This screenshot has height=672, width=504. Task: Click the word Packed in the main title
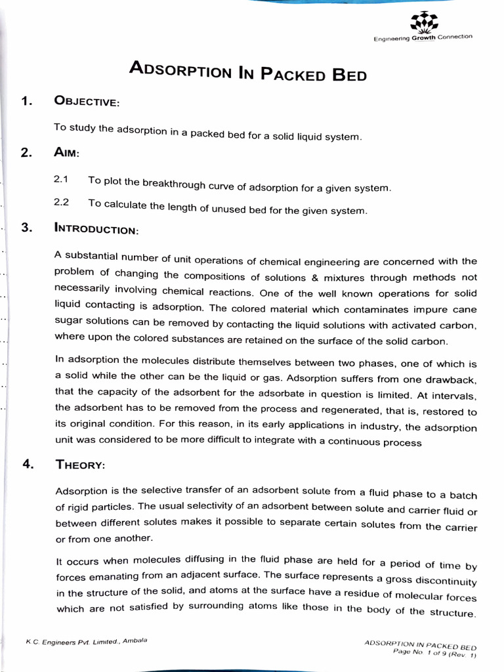pos(293,72)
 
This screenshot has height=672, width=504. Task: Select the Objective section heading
pos(87,102)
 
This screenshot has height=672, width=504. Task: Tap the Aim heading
pos(67,153)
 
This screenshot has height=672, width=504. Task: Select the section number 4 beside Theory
pos(27,464)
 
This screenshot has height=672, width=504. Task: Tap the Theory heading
pos(79,465)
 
